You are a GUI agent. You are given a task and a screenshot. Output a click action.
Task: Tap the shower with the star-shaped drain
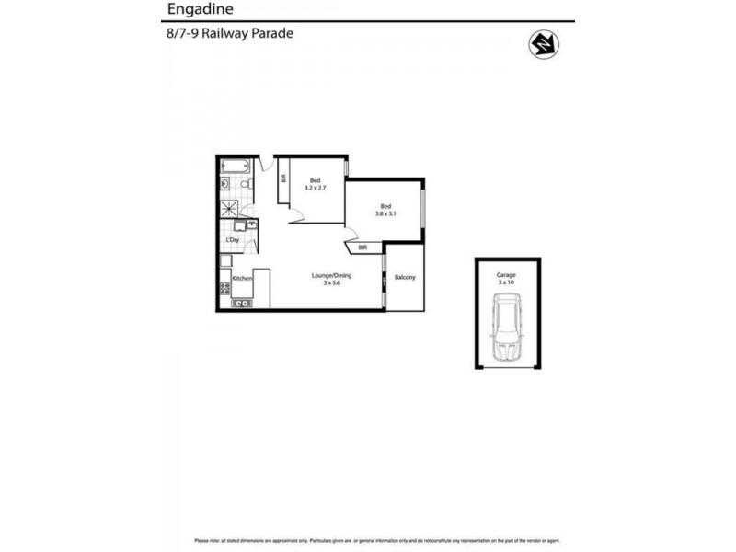[229, 208]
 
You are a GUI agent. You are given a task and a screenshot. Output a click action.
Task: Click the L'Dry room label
[233, 241]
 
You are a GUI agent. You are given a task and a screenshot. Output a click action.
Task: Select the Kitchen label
[242, 278]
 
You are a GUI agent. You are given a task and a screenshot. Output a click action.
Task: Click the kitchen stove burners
[224, 292]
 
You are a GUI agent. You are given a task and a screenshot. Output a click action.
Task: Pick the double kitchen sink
[242, 303]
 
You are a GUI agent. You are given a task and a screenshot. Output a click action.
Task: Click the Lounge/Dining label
[332, 275]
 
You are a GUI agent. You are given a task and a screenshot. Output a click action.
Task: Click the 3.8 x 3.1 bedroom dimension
[385, 213]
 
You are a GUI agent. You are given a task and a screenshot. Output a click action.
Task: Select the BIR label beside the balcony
[363, 247]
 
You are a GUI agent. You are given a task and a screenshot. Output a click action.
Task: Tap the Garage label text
[506, 274]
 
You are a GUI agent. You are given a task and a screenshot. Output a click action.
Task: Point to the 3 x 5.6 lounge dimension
[332, 283]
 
